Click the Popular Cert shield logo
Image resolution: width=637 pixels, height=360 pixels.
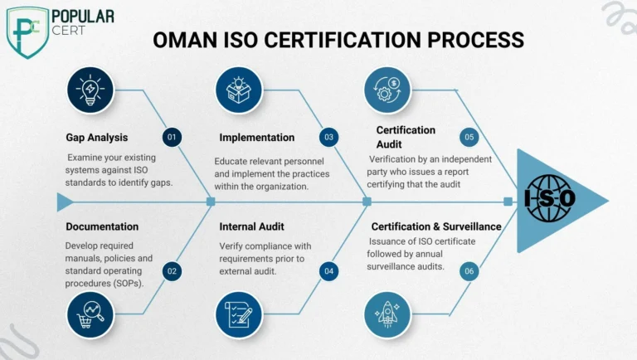coord(27,32)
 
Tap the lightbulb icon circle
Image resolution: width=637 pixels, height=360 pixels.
coord(90,90)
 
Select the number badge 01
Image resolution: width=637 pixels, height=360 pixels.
coord(172,137)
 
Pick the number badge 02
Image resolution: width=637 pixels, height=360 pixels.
coord(172,271)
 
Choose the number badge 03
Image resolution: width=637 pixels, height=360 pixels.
coord(328,137)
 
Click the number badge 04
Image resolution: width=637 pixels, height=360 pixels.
coord(328,271)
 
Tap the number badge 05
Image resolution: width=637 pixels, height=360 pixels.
coord(469,137)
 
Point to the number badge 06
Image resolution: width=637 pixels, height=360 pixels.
coord(469,271)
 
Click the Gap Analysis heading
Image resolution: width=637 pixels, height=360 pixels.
coord(97,138)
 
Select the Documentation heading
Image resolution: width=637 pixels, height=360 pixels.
coord(102,226)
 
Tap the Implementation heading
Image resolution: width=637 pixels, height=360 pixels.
coord(257,138)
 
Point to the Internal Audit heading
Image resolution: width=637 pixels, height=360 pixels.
coord(251,226)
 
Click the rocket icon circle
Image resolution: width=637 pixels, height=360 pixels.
coord(387,315)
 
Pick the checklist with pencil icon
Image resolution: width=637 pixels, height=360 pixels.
coord(239,315)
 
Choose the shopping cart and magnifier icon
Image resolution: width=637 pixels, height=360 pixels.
coord(90,315)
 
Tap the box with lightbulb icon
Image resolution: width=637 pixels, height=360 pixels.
coord(239,90)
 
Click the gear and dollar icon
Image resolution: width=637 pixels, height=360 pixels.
coord(387,90)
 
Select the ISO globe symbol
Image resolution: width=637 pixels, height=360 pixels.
coord(549,198)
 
